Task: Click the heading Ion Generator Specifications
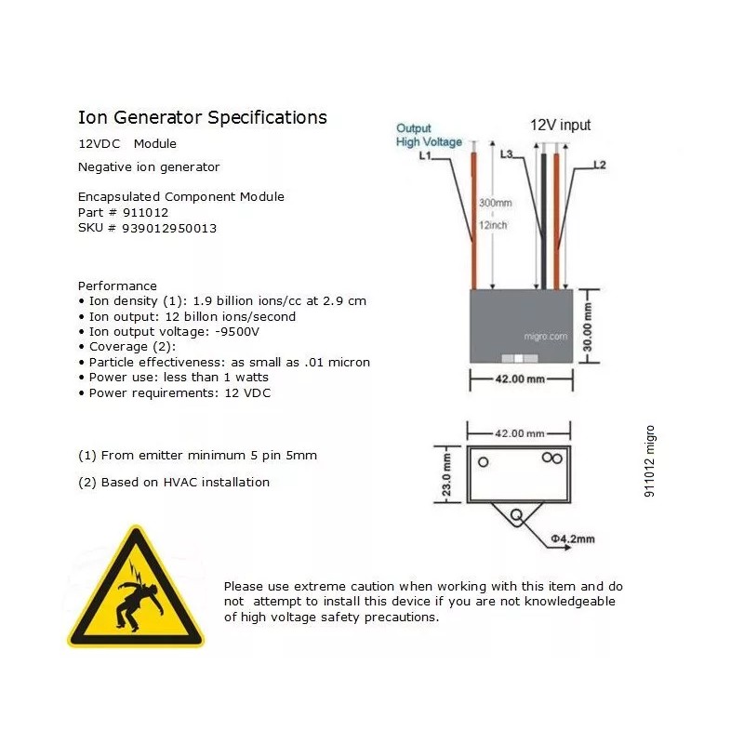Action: (x=202, y=118)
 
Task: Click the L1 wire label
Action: (x=425, y=156)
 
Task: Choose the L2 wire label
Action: (x=600, y=166)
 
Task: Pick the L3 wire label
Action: (x=507, y=154)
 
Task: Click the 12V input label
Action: (x=560, y=125)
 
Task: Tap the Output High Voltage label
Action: (x=428, y=135)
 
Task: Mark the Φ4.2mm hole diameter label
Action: (x=573, y=538)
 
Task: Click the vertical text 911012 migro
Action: (x=650, y=461)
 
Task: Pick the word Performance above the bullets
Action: (x=117, y=286)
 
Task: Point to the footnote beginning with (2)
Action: (x=174, y=482)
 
